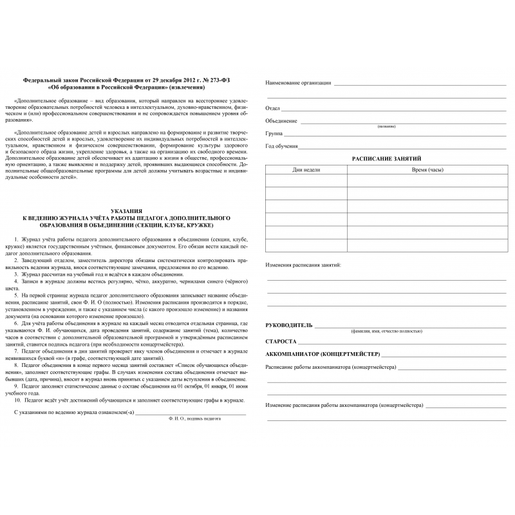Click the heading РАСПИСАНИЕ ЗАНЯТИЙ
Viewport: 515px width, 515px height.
point(386,158)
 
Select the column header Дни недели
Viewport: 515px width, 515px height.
point(306,169)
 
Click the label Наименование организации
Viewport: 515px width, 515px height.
point(298,83)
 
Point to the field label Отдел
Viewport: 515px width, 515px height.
point(273,108)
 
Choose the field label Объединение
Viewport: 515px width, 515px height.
point(281,120)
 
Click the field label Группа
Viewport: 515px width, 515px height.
point(275,133)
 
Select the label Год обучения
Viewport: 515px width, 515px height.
point(281,146)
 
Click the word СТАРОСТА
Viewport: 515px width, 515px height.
point(281,341)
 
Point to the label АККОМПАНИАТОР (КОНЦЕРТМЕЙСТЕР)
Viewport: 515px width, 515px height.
point(323,354)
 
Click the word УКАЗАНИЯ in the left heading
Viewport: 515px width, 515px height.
point(126,211)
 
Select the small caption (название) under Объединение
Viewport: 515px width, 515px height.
point(387,126)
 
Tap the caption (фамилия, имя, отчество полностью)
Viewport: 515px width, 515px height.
point(386,331)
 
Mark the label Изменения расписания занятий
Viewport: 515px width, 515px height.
point(303,265)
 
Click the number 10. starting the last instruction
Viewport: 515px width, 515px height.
point(17,400)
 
